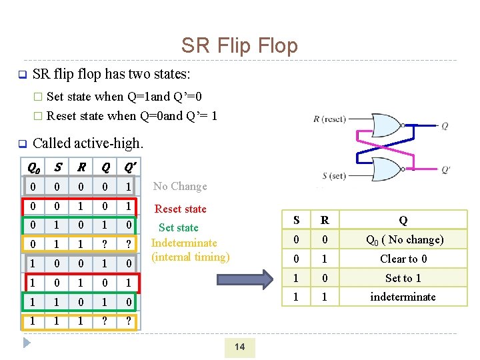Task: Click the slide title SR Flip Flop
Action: click(x=239, y=46)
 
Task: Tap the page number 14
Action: click(x=239, y=346)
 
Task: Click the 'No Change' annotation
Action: click(x=180, y=187)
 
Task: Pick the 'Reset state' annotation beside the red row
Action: click(x=181, y=209)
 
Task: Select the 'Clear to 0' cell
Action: click(x=403, y=259)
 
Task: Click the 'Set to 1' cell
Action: click(x=403, y=278)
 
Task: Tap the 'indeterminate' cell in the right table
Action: click(x=403, y=297)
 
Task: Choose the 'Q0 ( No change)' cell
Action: click(x=403, y=239)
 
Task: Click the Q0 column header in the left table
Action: click(x=31, y=167)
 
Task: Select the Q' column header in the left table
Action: click(x=126, y=167)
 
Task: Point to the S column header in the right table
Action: click(x=296, y=220)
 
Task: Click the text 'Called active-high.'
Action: click(x=87, y=143)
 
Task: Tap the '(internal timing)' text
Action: click(x=190, y=257)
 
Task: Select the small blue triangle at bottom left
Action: click(x=27, y=343)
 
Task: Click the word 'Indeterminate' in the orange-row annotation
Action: click(x=184, y=243)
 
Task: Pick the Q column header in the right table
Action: click(x=403, y=220)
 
